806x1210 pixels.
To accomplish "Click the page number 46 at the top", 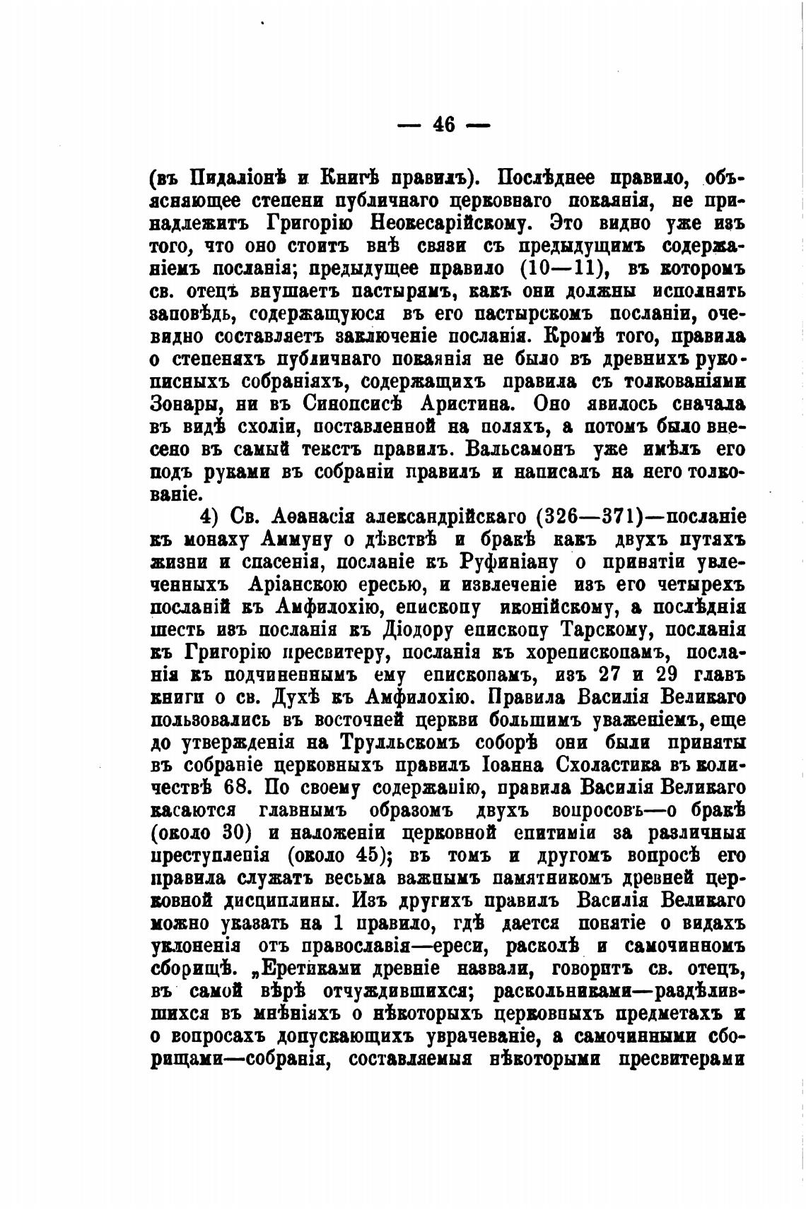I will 443,125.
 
